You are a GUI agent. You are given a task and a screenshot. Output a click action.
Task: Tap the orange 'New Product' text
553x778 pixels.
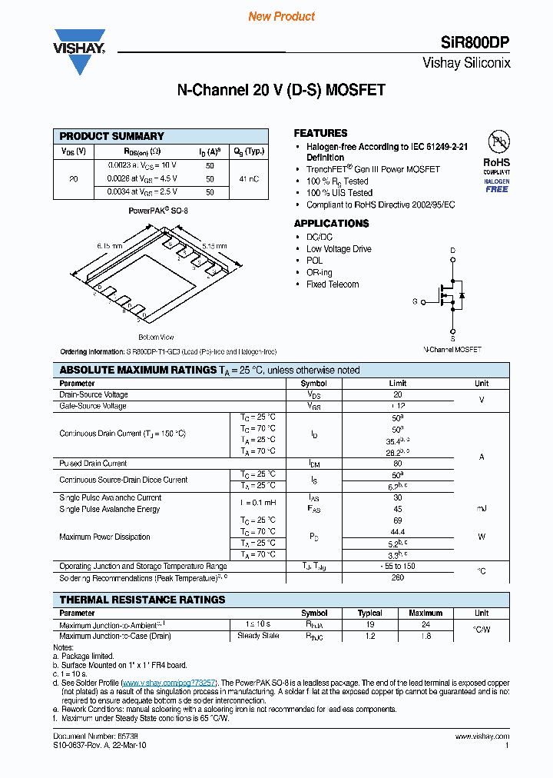pyautogui.click(x=281, y=16)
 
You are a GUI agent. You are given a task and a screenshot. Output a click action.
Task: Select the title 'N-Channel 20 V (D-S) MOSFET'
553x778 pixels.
pyautogui.click(x=281, y=90)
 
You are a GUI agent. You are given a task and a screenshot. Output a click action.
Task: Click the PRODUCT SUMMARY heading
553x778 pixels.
pyautogui.click(x=112, y=136)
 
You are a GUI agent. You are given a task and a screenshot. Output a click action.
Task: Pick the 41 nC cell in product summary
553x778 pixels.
pyautogui.click(x=249, y=178)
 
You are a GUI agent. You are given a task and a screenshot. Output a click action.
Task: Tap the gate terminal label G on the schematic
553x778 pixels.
pyautogui.click(x=415, y=302)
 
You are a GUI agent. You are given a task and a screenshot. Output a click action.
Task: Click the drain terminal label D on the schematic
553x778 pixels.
pyautogui.click(x=452, y=251)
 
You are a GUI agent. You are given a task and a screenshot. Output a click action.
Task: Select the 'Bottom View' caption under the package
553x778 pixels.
pyautogui.click(x=156, y=337)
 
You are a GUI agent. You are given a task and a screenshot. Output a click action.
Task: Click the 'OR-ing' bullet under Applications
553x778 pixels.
pyautogui.click(x=320, y=272)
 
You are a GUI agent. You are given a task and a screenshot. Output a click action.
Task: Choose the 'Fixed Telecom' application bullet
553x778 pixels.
pyautogui.click(x=333, y=284)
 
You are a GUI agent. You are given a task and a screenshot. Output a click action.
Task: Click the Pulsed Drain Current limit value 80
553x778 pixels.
pyautogui.click(x=397, y=464)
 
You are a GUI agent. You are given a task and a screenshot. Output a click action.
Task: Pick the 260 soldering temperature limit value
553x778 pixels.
pyautogui.click(x=397, y=577)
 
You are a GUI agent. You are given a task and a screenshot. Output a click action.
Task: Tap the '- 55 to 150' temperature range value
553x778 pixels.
pyautogui.click(x=397, y=566)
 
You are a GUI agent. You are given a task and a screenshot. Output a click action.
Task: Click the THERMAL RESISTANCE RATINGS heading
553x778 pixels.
pyautogui.click(x=142, y=600)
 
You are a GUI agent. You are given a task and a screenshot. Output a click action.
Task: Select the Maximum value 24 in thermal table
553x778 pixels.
pyautogui.click(x=425, y=625)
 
